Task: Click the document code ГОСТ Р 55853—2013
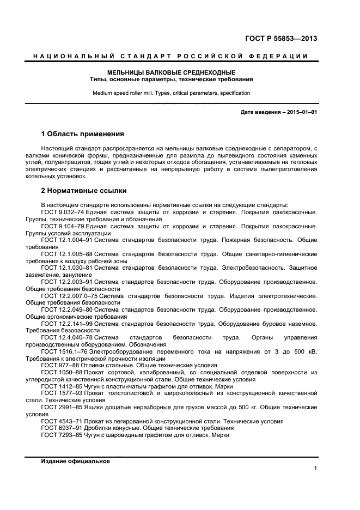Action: (282, 39)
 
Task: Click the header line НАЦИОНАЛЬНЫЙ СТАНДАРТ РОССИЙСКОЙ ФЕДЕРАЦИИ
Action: (170, 57)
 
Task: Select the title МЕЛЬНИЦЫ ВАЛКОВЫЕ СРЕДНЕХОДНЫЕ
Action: (171, 72)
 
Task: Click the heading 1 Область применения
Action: (83, 133)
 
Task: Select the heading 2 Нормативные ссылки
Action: (84, 191)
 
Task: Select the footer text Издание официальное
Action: (75, 461)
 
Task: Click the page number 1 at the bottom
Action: (315, 469)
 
